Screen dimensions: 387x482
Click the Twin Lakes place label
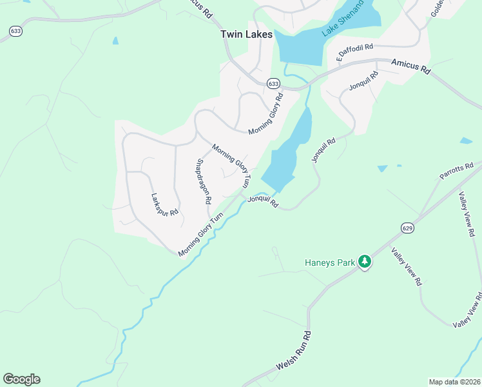click(246, 34)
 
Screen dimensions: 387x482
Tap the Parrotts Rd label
click(456, 171)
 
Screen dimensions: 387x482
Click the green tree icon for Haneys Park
click(365, 261)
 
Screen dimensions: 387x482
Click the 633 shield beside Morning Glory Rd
click(273, 84)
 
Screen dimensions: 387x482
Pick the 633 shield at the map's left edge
click(14, 30)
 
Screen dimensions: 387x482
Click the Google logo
click(21, 379)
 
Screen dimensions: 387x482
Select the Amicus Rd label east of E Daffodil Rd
click(411, 66)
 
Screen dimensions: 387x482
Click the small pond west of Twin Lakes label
click(115, 40)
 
